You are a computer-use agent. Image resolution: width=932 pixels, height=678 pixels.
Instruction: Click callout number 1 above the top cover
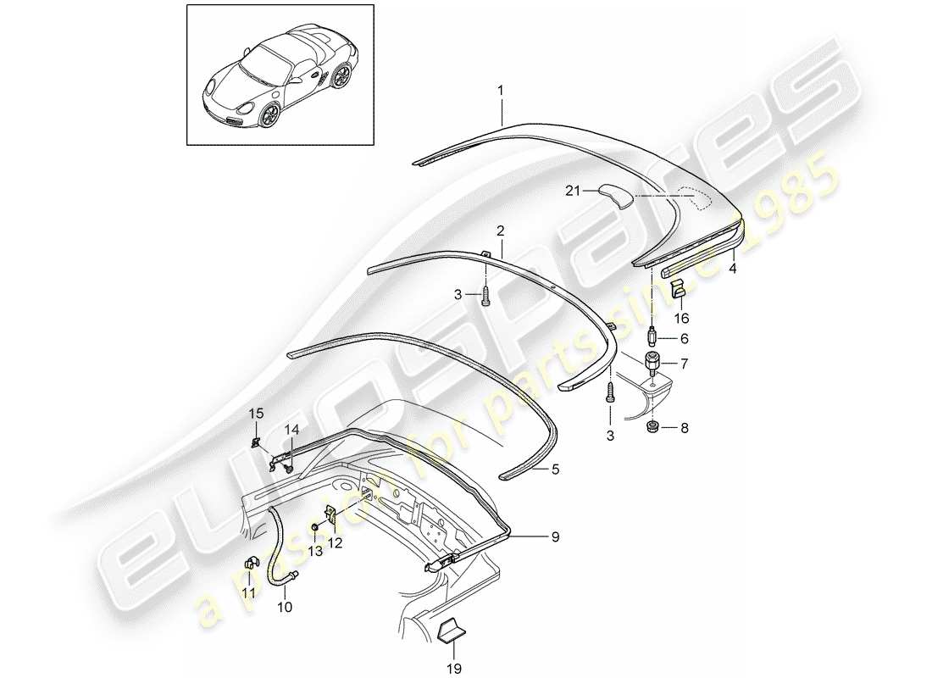(500, 89)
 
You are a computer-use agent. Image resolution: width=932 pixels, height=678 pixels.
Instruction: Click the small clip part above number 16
(680, 291)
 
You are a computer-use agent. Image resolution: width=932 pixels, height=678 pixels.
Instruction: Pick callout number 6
(683, 337)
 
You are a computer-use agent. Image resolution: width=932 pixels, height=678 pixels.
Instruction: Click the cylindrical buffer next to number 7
(652, 364)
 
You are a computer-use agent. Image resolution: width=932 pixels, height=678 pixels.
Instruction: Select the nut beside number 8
(653, 425)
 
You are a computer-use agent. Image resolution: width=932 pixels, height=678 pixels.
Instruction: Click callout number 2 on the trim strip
(500, 230)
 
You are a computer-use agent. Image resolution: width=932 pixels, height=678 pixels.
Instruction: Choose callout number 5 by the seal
(554, 469)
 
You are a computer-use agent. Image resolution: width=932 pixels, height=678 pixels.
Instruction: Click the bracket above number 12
(331, 514)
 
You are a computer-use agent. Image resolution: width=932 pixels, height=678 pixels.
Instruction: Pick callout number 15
(256, 414)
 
